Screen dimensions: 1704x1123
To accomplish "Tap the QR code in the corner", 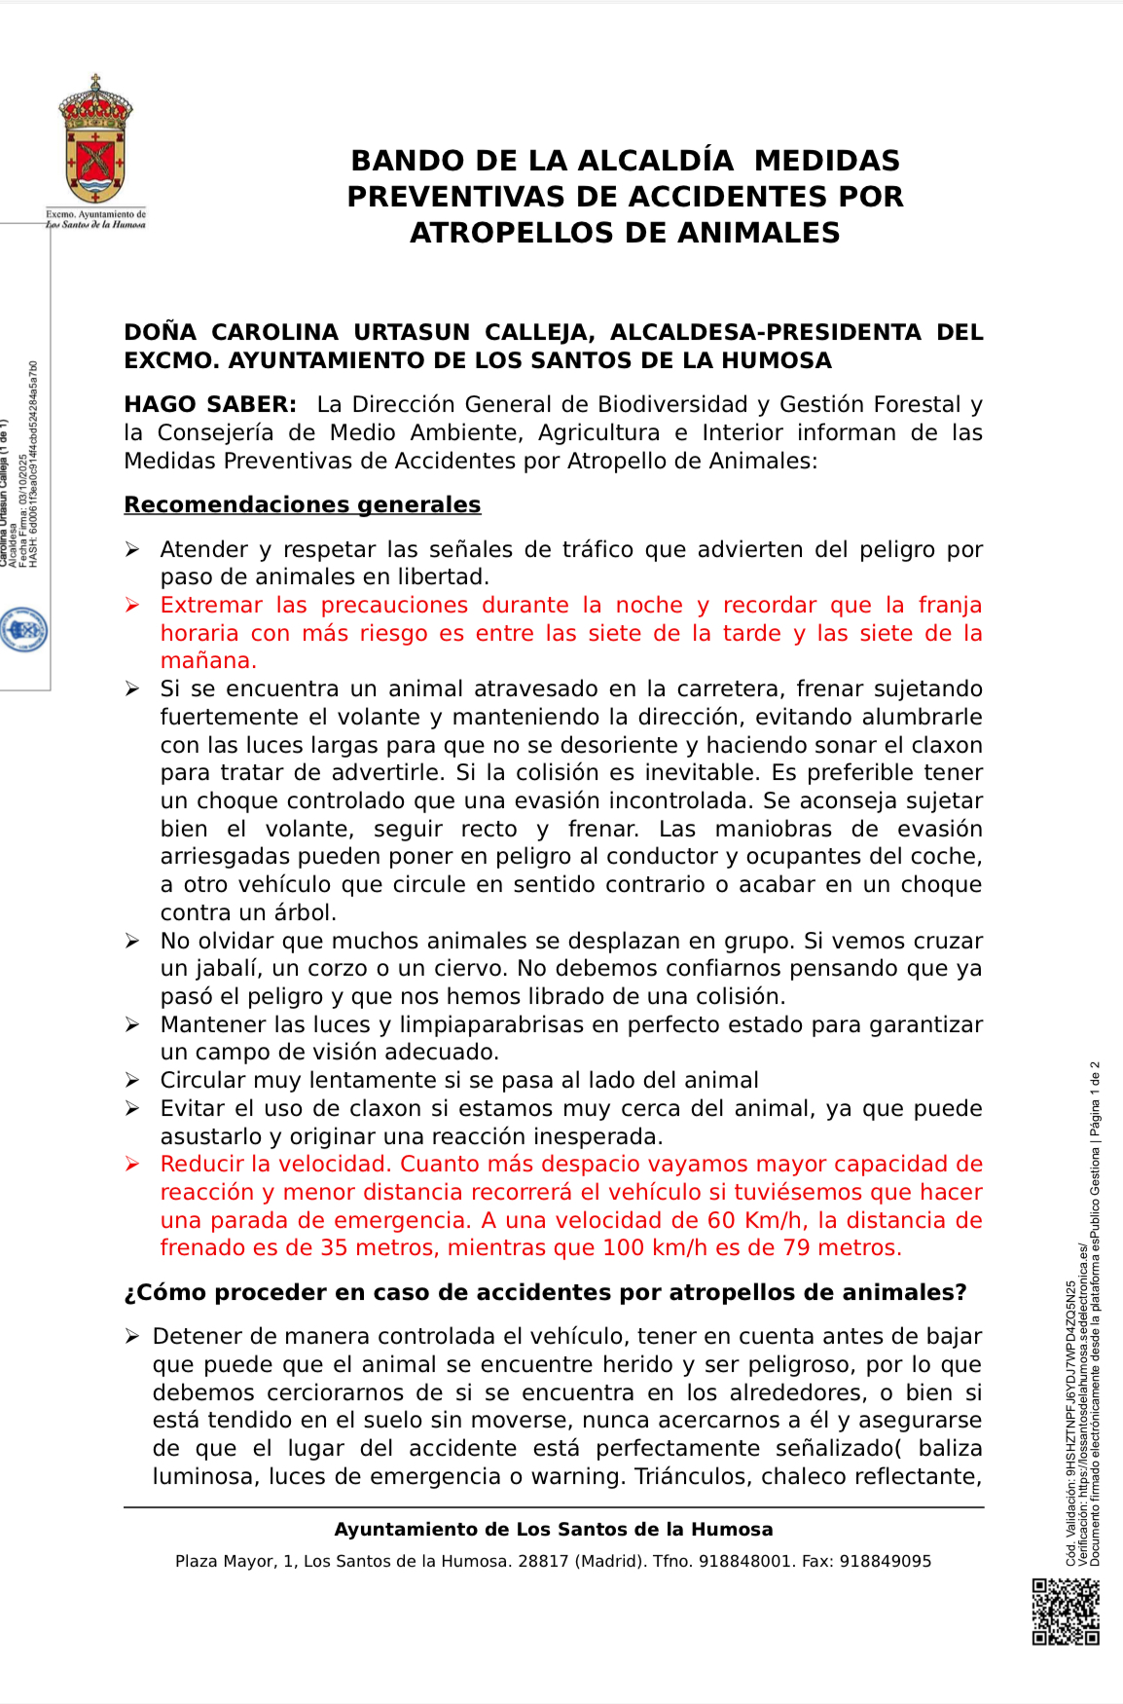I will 1066,1611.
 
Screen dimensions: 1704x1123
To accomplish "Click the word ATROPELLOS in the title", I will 494,234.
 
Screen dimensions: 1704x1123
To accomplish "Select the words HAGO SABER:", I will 210,405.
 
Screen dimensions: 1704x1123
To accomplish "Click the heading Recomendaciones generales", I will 302,505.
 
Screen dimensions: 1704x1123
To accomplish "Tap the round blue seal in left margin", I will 23,630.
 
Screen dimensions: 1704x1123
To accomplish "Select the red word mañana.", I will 208,661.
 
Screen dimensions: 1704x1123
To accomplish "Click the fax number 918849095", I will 885,1562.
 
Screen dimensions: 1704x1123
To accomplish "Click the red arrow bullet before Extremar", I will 132,606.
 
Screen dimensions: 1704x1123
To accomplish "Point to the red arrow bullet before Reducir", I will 132,1165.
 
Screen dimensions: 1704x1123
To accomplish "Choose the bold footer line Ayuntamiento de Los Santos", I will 553,1530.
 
